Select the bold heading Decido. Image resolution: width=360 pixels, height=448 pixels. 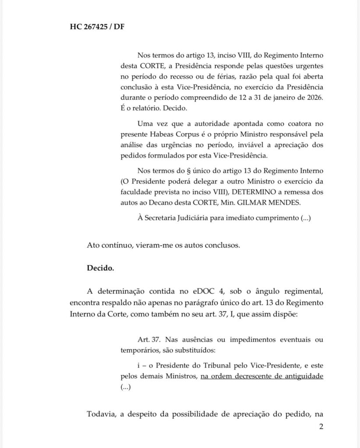click(x=101, y=268)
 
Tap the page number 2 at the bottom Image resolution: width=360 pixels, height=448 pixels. click(x=321, y=427)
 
